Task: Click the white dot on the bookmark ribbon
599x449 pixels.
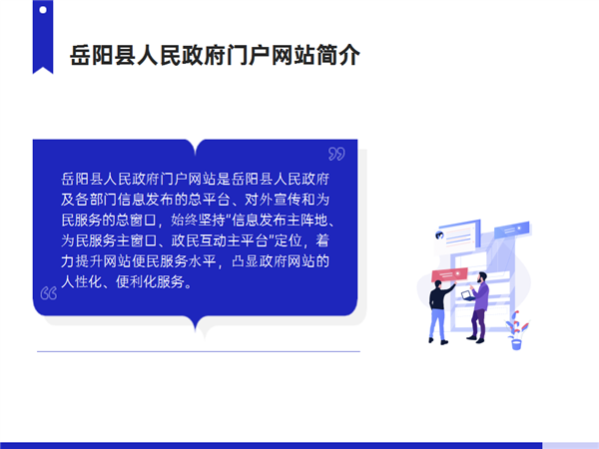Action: pos(43,10)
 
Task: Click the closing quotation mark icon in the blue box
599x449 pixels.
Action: pos(336,154)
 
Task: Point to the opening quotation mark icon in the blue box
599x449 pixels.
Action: pos(49,293)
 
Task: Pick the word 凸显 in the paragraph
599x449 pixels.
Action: pos(245,261)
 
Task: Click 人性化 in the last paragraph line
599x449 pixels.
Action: pos(82,282)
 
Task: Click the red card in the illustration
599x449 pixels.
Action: pos(449,275)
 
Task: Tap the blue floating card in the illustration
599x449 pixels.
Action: pos(512,229)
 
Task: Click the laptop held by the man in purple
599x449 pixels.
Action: pos(467,295)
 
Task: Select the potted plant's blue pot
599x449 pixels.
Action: pos(516,344)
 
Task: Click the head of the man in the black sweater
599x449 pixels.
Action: pos(438,284)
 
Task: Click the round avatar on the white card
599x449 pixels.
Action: pos(439,235)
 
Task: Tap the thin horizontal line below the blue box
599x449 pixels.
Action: pos(199,351)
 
